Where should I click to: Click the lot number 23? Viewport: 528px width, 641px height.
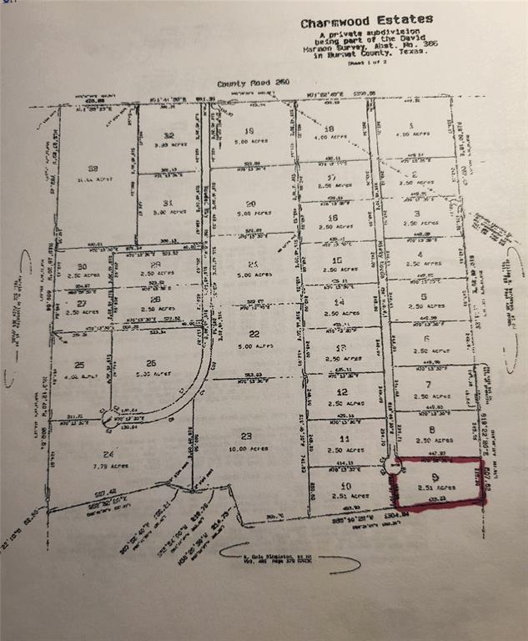245,436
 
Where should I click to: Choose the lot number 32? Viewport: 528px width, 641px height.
169,135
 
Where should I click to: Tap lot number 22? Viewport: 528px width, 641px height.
244,333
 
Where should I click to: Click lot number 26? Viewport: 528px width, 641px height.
151,362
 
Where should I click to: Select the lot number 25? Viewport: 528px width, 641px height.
79,365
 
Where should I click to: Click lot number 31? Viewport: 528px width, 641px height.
168,202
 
